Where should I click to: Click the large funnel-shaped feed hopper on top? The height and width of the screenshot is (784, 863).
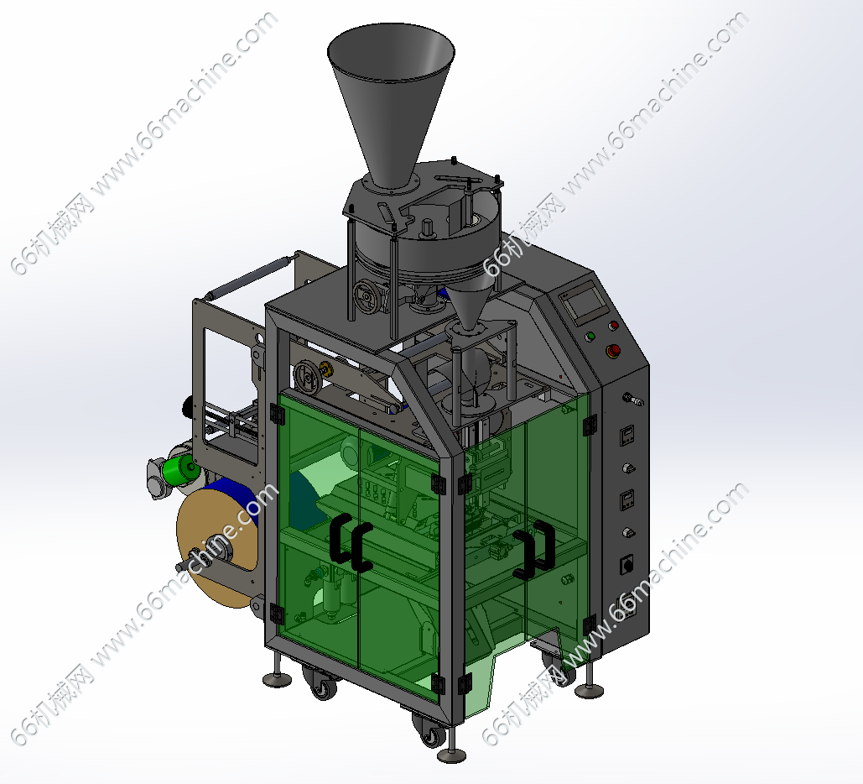pyautogui.click(x=391, y=99)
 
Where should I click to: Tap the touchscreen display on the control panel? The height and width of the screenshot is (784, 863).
pyautogui.click(x=585, y=301)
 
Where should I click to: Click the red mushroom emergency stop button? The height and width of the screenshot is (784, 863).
pyautogui.click(x=612, y=350)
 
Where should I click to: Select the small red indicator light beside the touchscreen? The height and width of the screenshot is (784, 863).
pyautogui.click(x=613, y=326)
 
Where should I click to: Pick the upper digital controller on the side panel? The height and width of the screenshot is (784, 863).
pyautogui.click(x=626, y=436)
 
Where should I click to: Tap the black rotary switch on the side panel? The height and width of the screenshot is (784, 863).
pyautogui.click(x=626, y=564)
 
